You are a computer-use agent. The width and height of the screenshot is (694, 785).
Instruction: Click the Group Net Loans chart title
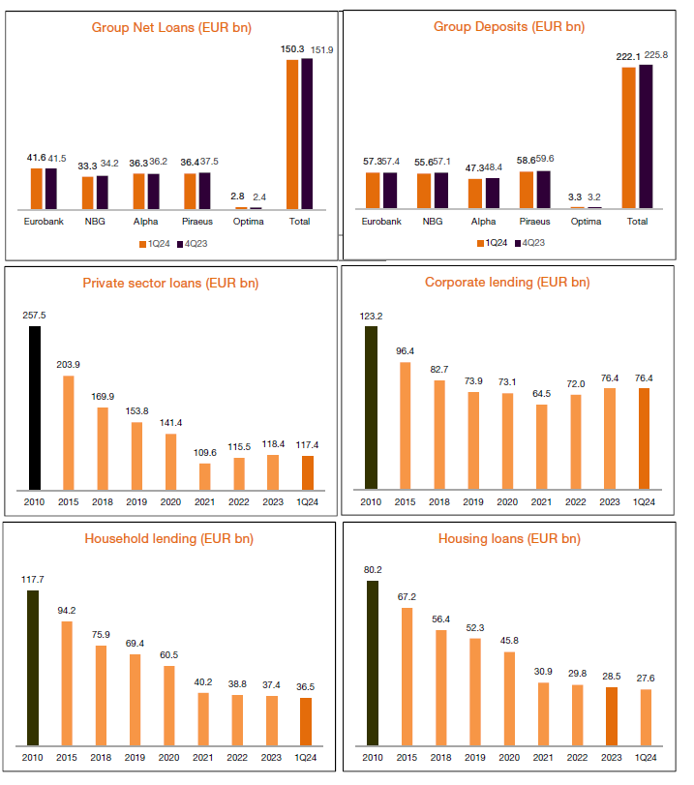coord(171,27)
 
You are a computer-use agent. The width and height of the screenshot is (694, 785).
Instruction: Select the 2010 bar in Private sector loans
coord(35,408)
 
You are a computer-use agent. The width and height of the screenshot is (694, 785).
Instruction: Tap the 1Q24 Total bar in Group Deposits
coord(629,137)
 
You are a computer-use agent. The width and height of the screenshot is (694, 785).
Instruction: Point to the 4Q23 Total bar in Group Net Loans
coord(308,134)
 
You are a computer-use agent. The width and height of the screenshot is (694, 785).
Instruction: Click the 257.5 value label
coord(35,316)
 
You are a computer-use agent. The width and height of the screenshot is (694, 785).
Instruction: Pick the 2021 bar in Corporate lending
coord(542,446)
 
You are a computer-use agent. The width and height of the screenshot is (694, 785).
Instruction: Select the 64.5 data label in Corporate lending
coord(542,394)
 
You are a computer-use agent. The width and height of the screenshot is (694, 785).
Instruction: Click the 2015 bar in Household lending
coord(68,683)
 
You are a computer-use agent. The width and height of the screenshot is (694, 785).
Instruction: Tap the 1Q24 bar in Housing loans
coord(645,717)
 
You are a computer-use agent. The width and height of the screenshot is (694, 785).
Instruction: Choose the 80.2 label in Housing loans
coord(371,570)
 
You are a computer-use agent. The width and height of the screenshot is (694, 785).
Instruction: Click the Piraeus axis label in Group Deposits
coord(533,222)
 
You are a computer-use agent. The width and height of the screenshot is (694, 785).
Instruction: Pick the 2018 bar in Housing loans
coord(441,688)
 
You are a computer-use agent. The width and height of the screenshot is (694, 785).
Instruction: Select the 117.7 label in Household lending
coord(35,579)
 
